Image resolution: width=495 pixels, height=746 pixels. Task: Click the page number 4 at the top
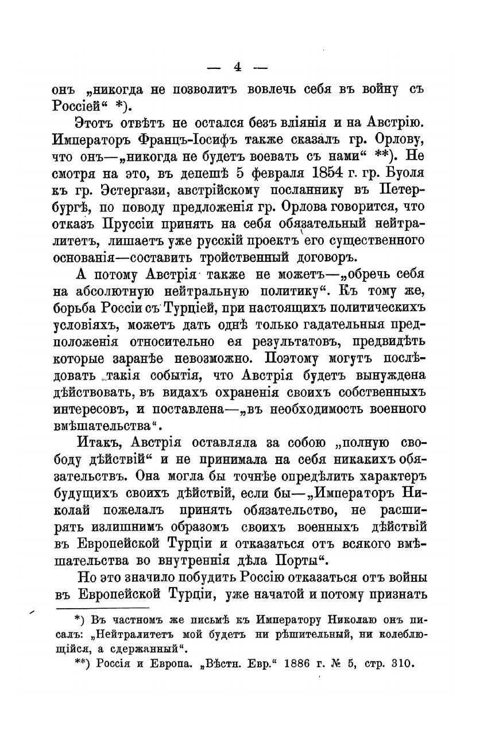click(x=237, y=67)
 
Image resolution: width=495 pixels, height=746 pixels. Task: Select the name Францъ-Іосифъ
click(x=206, y=139)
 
